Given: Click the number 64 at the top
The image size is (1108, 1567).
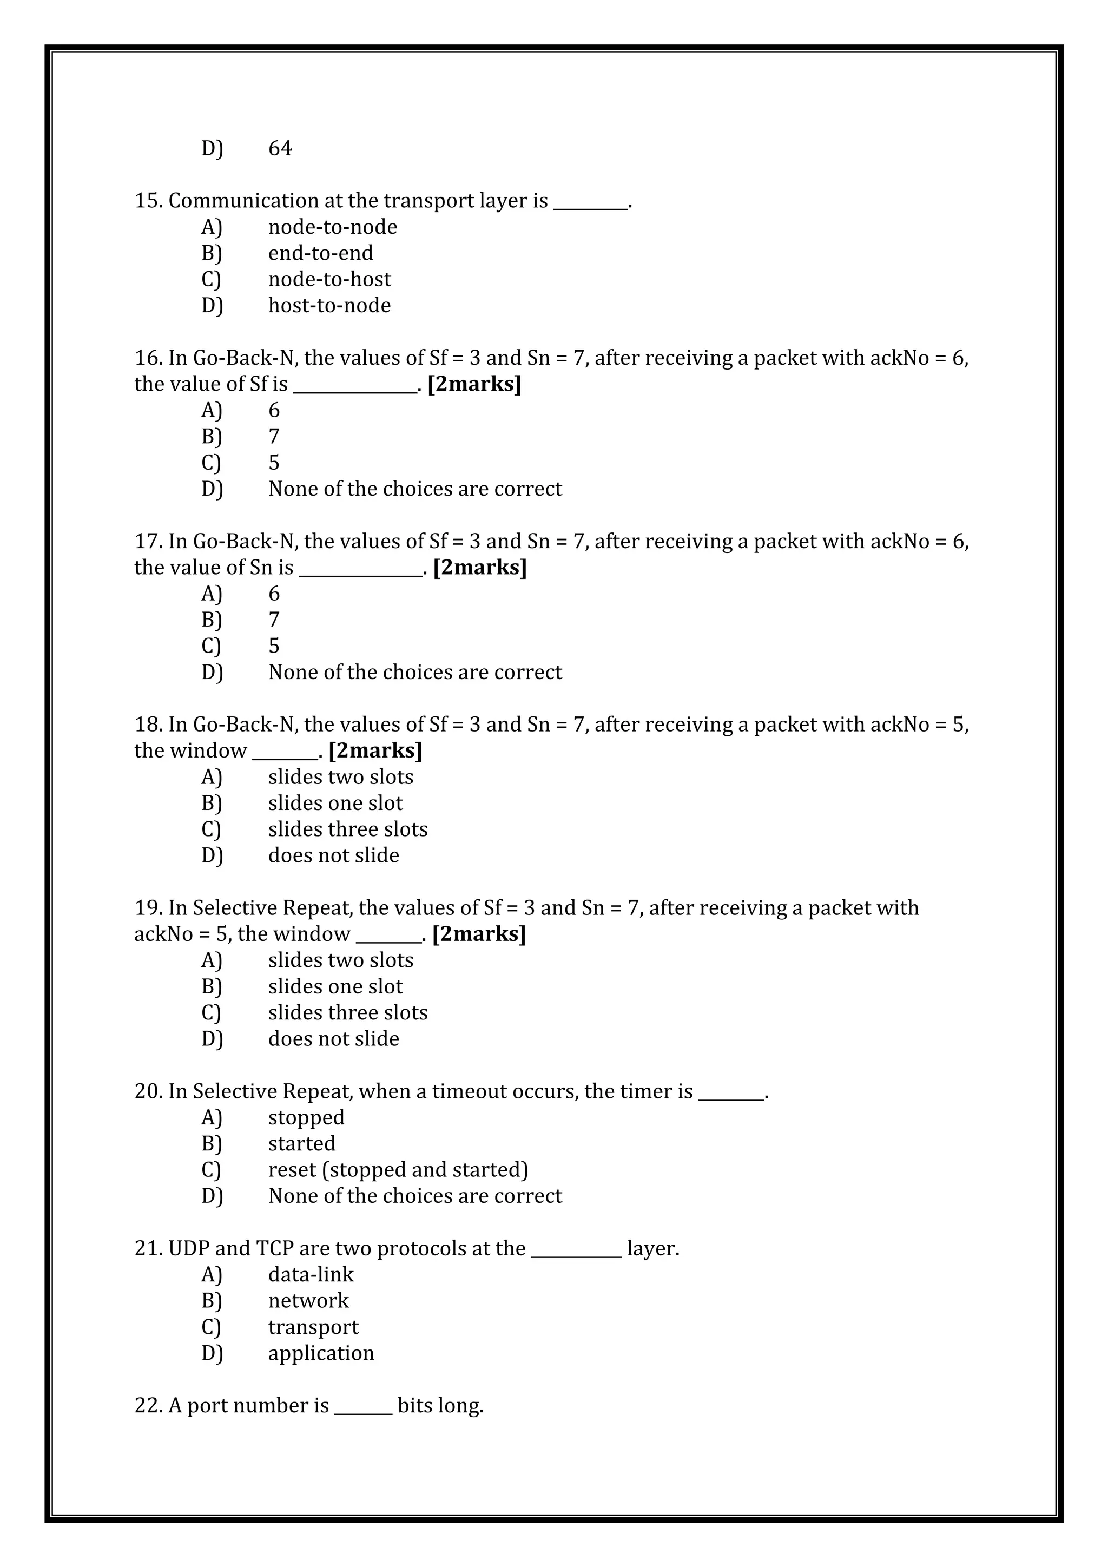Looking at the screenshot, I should point(280,148).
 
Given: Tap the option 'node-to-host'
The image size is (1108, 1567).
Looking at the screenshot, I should point(329,279).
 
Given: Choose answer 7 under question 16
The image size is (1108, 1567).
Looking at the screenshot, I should point(274,436).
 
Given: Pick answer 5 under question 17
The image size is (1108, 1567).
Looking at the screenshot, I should point(274,646).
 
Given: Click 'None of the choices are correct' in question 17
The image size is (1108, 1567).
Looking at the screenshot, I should point(415,672).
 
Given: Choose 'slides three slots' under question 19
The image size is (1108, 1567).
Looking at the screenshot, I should point(347,1013).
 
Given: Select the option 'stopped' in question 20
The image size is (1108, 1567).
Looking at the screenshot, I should point(306,1118).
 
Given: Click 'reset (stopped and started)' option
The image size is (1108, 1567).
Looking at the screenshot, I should point(398,1170).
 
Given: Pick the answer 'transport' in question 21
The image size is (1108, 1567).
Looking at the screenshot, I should point(313,1327).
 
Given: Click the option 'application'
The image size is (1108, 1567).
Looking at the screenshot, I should point(321,1353).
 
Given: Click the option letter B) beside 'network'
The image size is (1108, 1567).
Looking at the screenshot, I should point(212,1301).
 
